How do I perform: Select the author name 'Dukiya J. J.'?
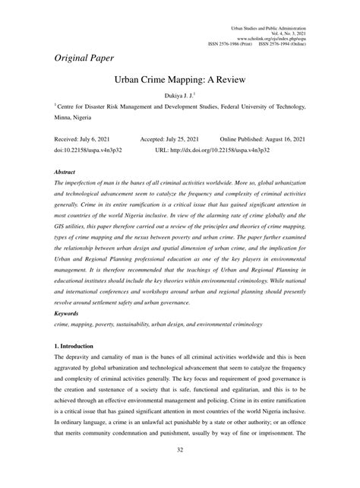178,97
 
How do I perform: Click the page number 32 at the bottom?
179,471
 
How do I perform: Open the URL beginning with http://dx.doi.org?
234,151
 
